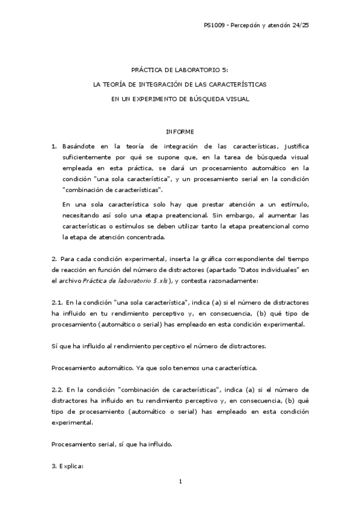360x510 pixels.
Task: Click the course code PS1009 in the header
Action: point(213,25)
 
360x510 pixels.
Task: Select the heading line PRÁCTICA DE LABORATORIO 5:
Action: point(180,70)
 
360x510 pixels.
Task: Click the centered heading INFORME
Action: point(180,132)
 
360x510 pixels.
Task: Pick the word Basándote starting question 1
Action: point(79,146)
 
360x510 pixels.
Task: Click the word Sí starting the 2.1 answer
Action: point(54,346)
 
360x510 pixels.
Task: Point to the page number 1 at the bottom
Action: point(180,481)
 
